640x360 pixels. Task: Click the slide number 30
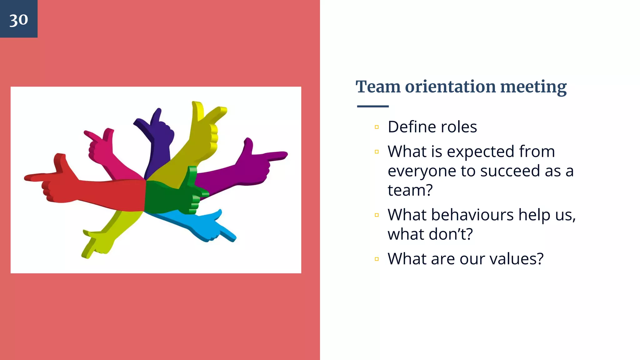pos(18,20)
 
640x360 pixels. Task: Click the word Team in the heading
pos(378,87)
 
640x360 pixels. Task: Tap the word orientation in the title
pos(450,87)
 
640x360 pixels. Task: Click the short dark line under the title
pos(372,106)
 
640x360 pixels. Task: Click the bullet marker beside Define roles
pos(377,127)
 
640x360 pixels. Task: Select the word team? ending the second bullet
pos(410,190)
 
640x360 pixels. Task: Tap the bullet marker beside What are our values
pos(377,259)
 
